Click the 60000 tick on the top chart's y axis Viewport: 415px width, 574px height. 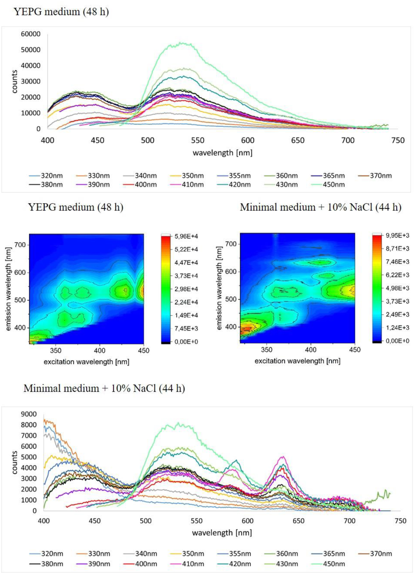tap(30, 34)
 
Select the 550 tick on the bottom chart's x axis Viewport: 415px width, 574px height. tap(197, 521)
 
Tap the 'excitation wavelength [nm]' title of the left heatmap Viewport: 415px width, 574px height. tap(86, 362)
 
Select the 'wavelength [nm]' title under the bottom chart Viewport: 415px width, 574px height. tap(222, 533)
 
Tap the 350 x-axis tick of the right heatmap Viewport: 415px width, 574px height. tap(266, 350)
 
